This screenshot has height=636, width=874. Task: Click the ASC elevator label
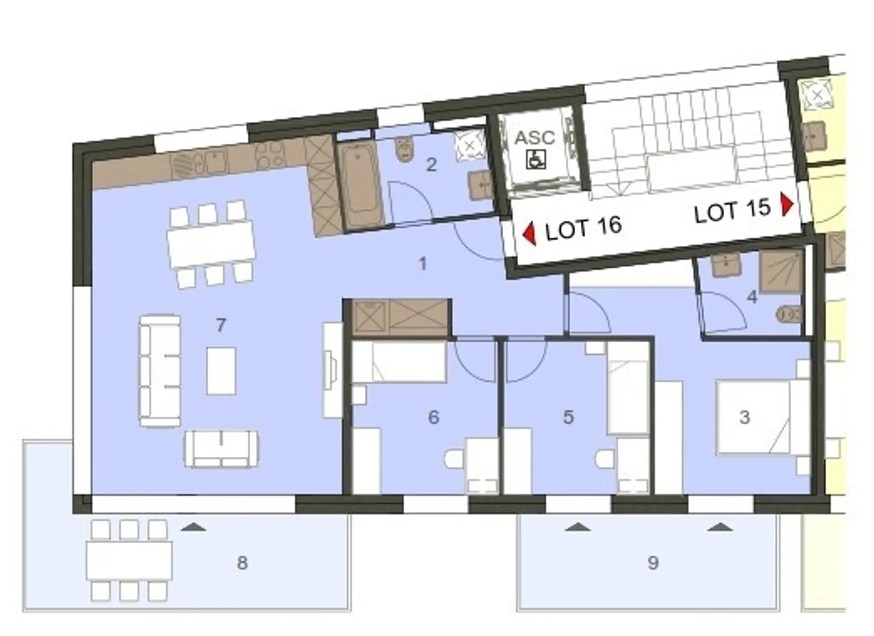(534, 138)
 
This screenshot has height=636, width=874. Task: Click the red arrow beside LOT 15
(787, 205)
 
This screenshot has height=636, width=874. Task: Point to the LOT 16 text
(583, 228)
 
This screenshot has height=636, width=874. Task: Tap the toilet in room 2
(404, 149)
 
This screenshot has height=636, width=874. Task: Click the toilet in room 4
(788, 314)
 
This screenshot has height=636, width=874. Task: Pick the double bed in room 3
(753, 417)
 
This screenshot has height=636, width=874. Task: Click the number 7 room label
(221, 325)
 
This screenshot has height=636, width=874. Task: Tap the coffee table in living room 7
(221, 371)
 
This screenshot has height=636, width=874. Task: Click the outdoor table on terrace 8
(129, 560)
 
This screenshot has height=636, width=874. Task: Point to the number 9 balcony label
(652, 563)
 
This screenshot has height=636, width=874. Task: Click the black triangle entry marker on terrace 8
(194, 527)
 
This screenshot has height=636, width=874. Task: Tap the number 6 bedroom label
(433, 417)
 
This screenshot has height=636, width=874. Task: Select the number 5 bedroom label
(568, 417)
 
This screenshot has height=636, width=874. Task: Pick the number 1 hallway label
(422, 263)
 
